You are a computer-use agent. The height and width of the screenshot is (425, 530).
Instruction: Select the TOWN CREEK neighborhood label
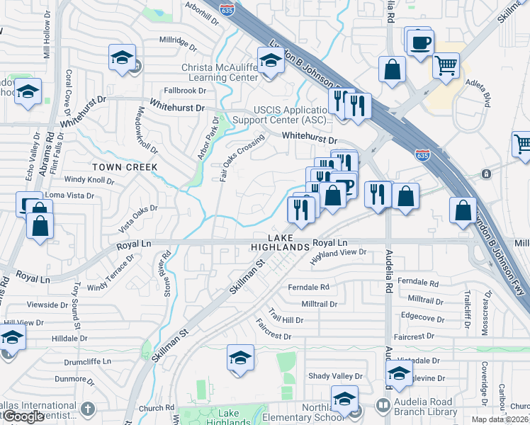tap(124, 166)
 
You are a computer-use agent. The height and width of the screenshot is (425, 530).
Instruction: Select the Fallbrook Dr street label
tap(184, 91)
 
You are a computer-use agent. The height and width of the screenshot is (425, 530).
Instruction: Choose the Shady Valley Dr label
tap(335, 376)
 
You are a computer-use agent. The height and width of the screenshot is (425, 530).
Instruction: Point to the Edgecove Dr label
tap(422, 317)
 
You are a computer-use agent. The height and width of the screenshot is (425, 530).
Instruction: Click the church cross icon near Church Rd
tap(87, 409)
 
